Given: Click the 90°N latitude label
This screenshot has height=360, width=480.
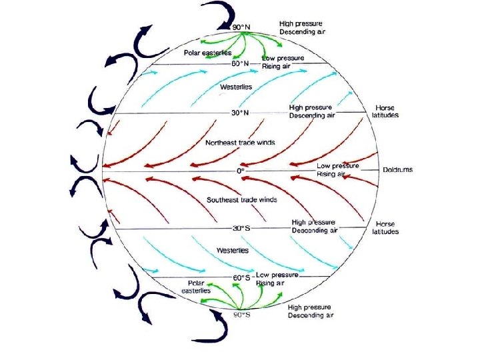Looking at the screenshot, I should click(241, 27).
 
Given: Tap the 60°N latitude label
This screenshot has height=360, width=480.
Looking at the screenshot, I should click(241, 63).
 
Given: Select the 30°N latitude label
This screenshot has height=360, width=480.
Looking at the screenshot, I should click(241, 113).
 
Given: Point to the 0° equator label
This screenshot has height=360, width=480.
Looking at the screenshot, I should click(241, 171).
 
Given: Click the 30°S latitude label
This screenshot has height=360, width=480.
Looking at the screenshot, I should click(241, 228).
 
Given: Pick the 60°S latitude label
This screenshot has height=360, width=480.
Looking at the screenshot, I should click(241, 277).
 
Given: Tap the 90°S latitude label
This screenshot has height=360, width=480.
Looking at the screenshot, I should click(241, 314).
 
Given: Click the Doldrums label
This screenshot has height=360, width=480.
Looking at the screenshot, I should click(398, 169).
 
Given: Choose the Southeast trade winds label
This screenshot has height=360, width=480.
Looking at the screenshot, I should click(242, 199).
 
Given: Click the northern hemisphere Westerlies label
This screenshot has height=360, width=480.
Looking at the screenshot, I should click(236, 87).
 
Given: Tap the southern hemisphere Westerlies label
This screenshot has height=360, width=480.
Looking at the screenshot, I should click(233, 251).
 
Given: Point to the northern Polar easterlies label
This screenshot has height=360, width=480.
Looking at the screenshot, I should click(207, 52).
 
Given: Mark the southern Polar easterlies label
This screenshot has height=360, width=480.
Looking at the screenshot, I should click(198, 287).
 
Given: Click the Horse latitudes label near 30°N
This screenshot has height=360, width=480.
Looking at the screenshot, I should click(385, 111).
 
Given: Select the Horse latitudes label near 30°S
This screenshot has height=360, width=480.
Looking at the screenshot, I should click(385, 228).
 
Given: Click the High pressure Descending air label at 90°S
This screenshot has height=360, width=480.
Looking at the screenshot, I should click(311, 311).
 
